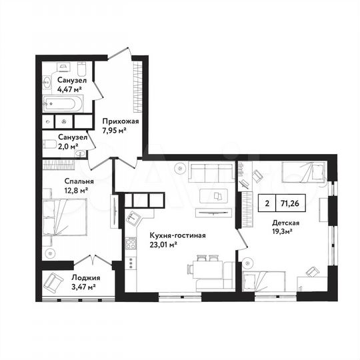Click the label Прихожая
[120, 121]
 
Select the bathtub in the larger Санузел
[62, 103]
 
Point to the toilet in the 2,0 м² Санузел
[79, 153]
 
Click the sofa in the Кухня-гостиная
[209, 174]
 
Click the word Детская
[286, 224]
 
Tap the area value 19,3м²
[286, 233]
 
